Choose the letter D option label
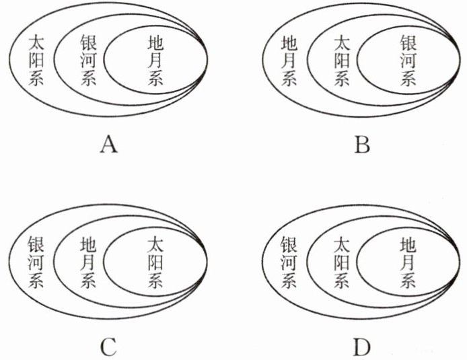tap(362, 346)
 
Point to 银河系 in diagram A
tap(89, 61)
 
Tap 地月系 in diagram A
tap(155, 61)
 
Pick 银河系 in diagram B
tap(408, 61)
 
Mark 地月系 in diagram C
tap(89, 263)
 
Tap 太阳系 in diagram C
tap(155, 263)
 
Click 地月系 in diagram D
tap(408, 263)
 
